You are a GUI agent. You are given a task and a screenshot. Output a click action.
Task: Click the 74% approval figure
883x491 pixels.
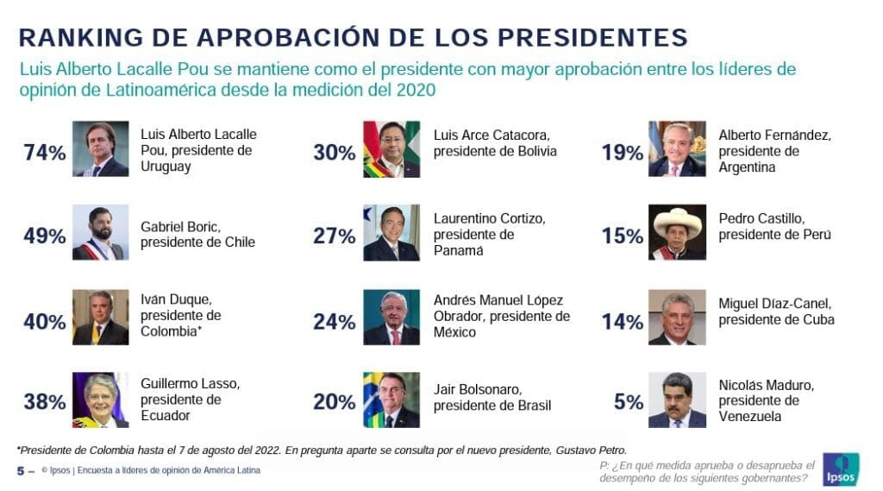coord(45,154)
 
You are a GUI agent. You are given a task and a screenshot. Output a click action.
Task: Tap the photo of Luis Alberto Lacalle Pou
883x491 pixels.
coord(100,148)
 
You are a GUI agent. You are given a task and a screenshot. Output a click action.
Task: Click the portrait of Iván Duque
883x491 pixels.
coord(100,317)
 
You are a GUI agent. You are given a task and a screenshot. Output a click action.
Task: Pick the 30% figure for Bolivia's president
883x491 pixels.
coord(335,154)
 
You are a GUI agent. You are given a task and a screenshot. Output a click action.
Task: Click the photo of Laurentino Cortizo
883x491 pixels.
coord(391,232)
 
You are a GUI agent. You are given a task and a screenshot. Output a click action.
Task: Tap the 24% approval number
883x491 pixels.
coord(335,323)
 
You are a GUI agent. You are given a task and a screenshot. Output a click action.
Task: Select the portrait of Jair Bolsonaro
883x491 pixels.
coord(391,400)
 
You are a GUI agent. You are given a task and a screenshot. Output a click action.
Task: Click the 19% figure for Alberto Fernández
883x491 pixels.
coord(623,154)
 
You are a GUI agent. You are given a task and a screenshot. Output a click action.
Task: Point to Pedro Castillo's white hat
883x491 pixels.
coord(677,220)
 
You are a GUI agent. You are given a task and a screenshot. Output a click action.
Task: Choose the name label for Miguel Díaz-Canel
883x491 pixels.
coord(776,312)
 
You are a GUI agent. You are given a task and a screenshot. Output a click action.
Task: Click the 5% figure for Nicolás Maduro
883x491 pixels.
coord(629,402)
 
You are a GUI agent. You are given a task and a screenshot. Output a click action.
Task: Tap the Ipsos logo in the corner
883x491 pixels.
coord(840,469)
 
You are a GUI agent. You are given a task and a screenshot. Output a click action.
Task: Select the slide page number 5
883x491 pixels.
coord(21,470)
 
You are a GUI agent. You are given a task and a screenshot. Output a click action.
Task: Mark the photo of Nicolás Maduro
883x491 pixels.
coord(677,400)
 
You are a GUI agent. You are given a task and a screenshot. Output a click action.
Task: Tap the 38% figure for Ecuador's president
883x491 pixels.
coord(45,402)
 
